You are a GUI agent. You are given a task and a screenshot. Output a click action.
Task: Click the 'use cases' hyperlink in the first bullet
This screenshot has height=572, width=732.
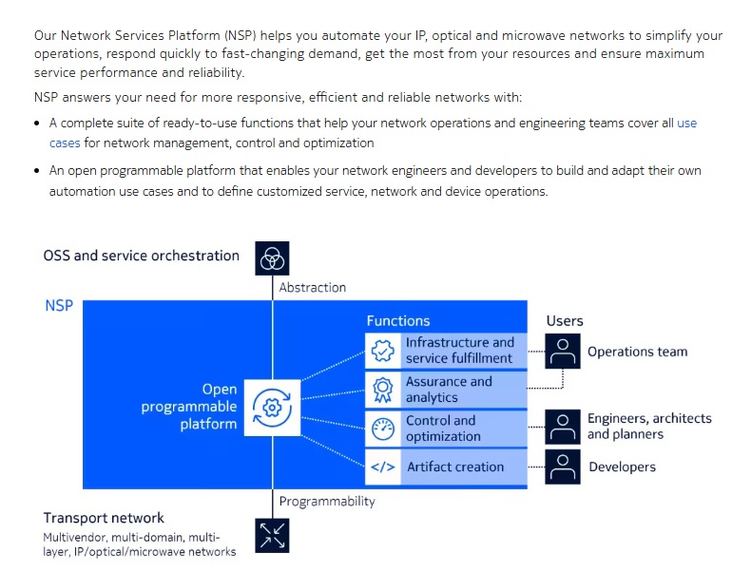pyautogui.click(x=686, y=124)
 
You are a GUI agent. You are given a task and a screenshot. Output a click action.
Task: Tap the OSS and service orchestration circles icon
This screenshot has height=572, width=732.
pyautogui.click(x=272, y=258)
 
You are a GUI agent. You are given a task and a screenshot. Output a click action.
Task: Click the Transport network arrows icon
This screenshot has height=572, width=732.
pyautogui.click(x=272, y=535)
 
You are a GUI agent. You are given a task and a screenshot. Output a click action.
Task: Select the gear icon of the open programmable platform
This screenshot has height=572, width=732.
pyautogui.click(x=272, y=408)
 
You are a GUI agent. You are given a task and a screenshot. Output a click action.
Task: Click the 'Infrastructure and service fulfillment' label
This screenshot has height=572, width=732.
pyautogui.click(x=459, y=350)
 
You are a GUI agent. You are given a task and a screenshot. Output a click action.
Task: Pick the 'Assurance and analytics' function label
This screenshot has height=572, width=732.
pyautogui.click(x=449, y=390)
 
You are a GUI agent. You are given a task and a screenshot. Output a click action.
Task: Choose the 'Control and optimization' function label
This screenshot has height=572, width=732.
pyautogui.click(x=443, y=429)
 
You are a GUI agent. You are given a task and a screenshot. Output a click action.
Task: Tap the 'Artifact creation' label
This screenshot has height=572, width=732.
pyautogui.click(x=455, y=467)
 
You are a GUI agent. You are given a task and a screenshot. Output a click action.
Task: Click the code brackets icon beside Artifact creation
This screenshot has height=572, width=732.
pyautogui.click(x=383, y=467)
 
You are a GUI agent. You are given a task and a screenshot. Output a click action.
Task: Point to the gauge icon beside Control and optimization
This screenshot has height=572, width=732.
pyautogui.click(x=383, y=429)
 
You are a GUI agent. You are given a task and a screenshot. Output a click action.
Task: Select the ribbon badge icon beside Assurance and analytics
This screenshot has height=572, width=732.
pyautogui.click(x=383, y=390)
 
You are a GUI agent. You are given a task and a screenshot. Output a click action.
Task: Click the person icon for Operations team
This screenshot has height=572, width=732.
pyautogui.click(x=563, y=351)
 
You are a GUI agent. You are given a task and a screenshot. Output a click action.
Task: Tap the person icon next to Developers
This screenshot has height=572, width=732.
pyautogui.click(x=563, y=467)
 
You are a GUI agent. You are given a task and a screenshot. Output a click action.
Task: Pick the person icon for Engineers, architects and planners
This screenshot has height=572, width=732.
pyautogui.click(x=563, y=427)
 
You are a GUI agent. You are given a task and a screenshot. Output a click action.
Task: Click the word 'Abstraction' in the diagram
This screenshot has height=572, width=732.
pyautogui.click(x=313, y=287)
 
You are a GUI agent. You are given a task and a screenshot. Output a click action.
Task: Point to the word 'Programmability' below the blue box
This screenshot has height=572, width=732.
pyautogui.click(x=327, y=502)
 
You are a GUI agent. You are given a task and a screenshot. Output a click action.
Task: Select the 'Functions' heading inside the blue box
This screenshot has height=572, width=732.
pyautogui.click(x=398, y=321)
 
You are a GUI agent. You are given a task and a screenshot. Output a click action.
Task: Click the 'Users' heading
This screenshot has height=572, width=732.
pyautogui.click(x=565, y=321)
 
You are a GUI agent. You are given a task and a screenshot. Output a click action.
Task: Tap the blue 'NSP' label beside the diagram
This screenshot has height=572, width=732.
pyautogui.click(x=59, y=306)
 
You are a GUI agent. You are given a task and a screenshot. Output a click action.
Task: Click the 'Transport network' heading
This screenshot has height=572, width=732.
pyautogui.click(x=104, y=518)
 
